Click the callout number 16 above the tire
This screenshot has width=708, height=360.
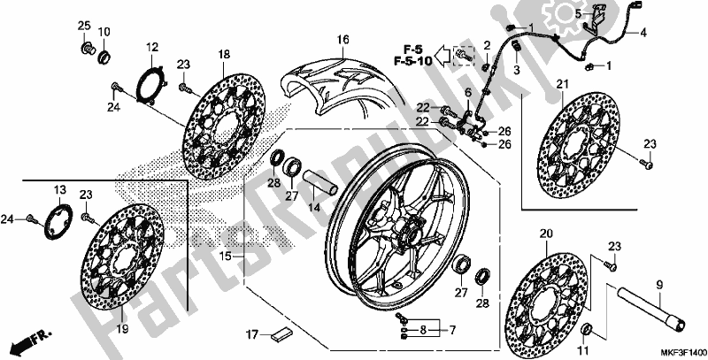(342, 39)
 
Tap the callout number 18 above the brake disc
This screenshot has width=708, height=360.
(223, 54)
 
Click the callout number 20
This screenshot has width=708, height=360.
(545, 234)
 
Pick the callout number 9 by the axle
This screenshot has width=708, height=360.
(659, 285)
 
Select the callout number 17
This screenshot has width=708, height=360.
(253, 335)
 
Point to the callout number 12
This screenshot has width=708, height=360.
(151, 46)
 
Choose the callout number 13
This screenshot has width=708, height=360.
(59, 190)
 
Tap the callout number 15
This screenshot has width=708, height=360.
(227, 256)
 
